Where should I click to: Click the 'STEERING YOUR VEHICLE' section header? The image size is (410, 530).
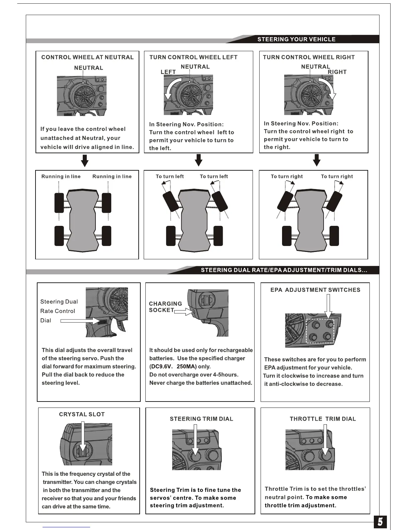tap(296, 39)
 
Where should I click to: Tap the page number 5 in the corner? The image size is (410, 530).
tap(380, 522)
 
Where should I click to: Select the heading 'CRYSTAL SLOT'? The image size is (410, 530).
tap(82, 414)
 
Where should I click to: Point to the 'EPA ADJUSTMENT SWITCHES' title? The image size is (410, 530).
tap(315, 290)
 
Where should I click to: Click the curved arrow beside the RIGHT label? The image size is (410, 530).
tap(328, 88)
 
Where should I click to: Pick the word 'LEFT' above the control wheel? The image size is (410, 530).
tap(168, 72)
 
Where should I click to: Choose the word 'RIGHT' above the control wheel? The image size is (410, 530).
tap(337, 72)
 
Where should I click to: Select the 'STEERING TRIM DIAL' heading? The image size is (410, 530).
tap(201, 419)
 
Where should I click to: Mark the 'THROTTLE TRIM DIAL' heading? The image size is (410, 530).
tap(323, 419)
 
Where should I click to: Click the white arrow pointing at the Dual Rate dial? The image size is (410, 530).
tap(80, 321)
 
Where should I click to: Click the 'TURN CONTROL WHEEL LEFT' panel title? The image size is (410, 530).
tap(193, 57)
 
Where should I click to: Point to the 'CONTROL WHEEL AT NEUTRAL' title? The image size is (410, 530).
tap(87, 57)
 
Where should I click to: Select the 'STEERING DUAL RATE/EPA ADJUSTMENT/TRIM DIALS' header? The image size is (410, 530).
tap(284, 270)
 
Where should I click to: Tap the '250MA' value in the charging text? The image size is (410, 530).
tap(186, 366)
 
